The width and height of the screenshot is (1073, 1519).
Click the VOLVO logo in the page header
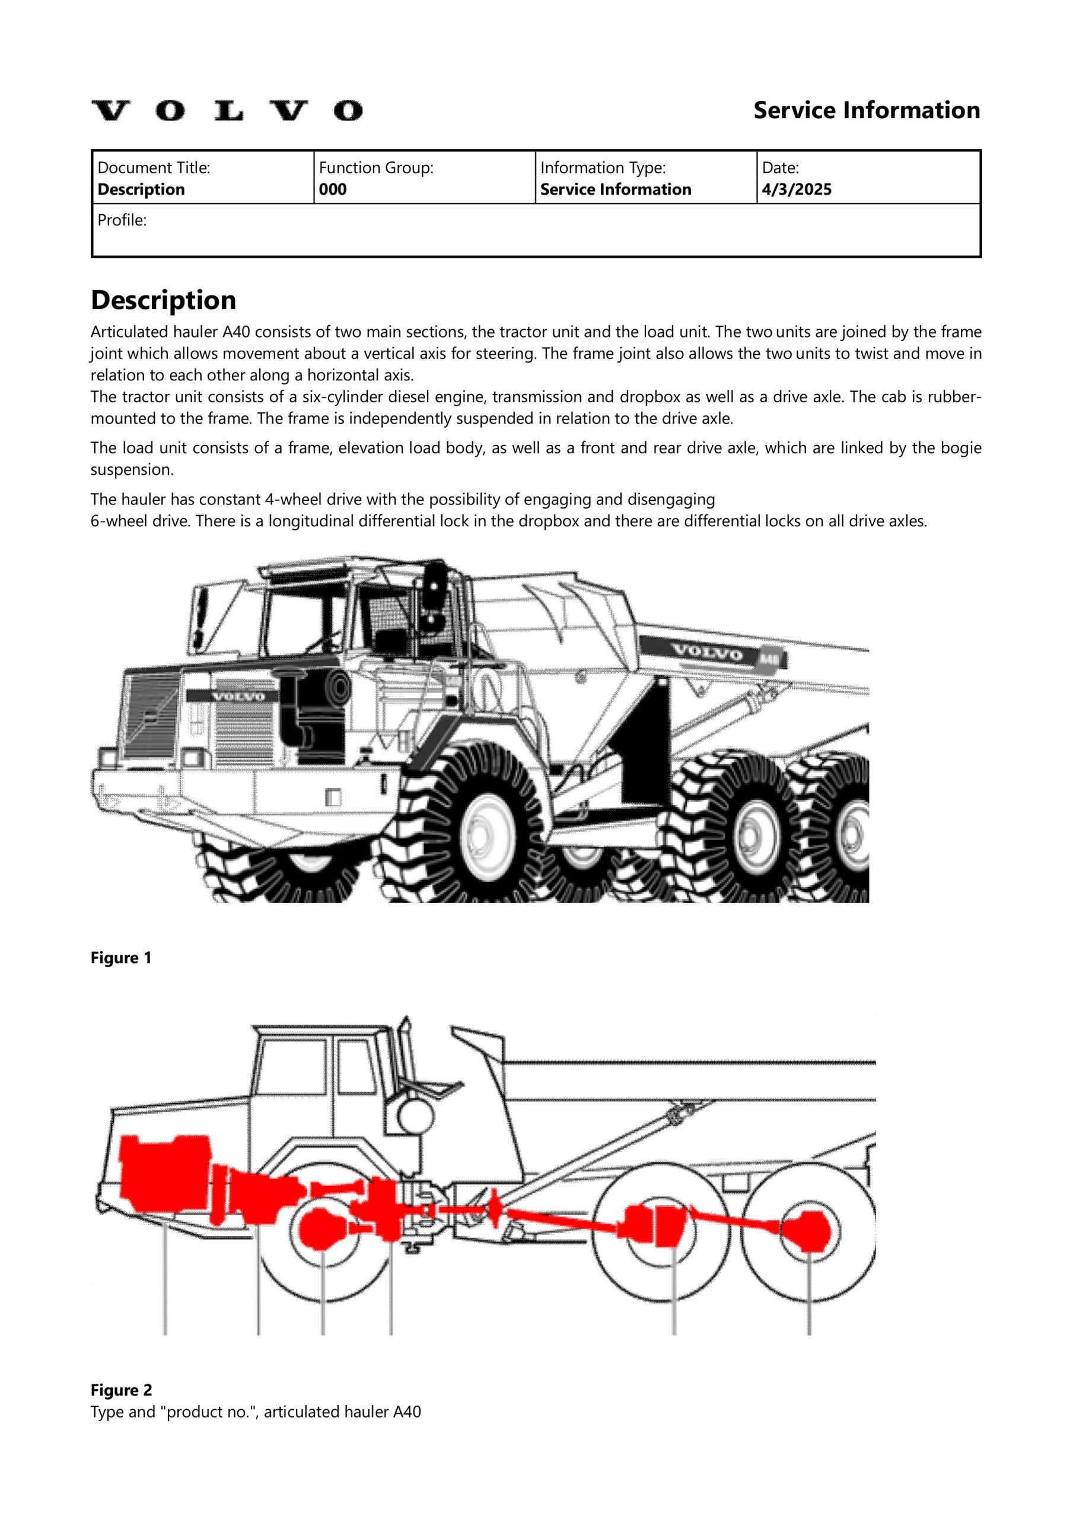(x=226, y=110)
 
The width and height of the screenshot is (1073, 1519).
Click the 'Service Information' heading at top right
(x=866, y=110)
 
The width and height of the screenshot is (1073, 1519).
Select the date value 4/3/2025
(x=796, y=190)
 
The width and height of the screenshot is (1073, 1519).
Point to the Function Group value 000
(x=332, y=190)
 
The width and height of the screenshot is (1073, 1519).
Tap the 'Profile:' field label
(x=122, y=220)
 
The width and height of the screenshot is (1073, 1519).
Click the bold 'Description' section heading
(x=163, y=300)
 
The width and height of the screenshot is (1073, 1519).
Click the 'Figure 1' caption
(x=121, y=958)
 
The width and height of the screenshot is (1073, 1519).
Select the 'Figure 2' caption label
(x=121, y=1390)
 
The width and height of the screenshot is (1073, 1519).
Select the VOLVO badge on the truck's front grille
(x=237, y=696)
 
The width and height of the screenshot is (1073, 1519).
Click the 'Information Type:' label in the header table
(x=603, y=168)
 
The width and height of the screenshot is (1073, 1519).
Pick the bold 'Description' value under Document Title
(x=141, y=190)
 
